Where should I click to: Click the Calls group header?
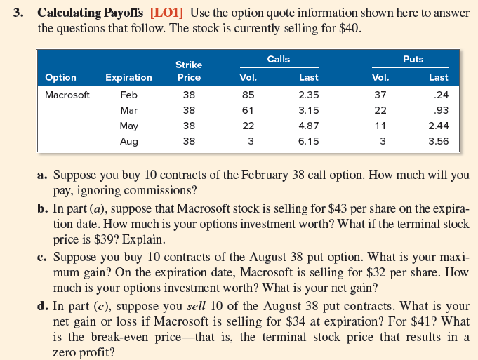279,60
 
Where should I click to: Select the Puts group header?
413,60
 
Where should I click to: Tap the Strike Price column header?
189,71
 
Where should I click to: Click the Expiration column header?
128,77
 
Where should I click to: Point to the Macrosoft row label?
67,95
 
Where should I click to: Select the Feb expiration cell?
128,95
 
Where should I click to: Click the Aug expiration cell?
128,141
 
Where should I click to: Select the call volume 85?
248,95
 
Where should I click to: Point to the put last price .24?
442,95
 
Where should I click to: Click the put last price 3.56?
439,141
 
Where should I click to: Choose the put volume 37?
380,95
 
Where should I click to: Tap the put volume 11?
380,126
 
